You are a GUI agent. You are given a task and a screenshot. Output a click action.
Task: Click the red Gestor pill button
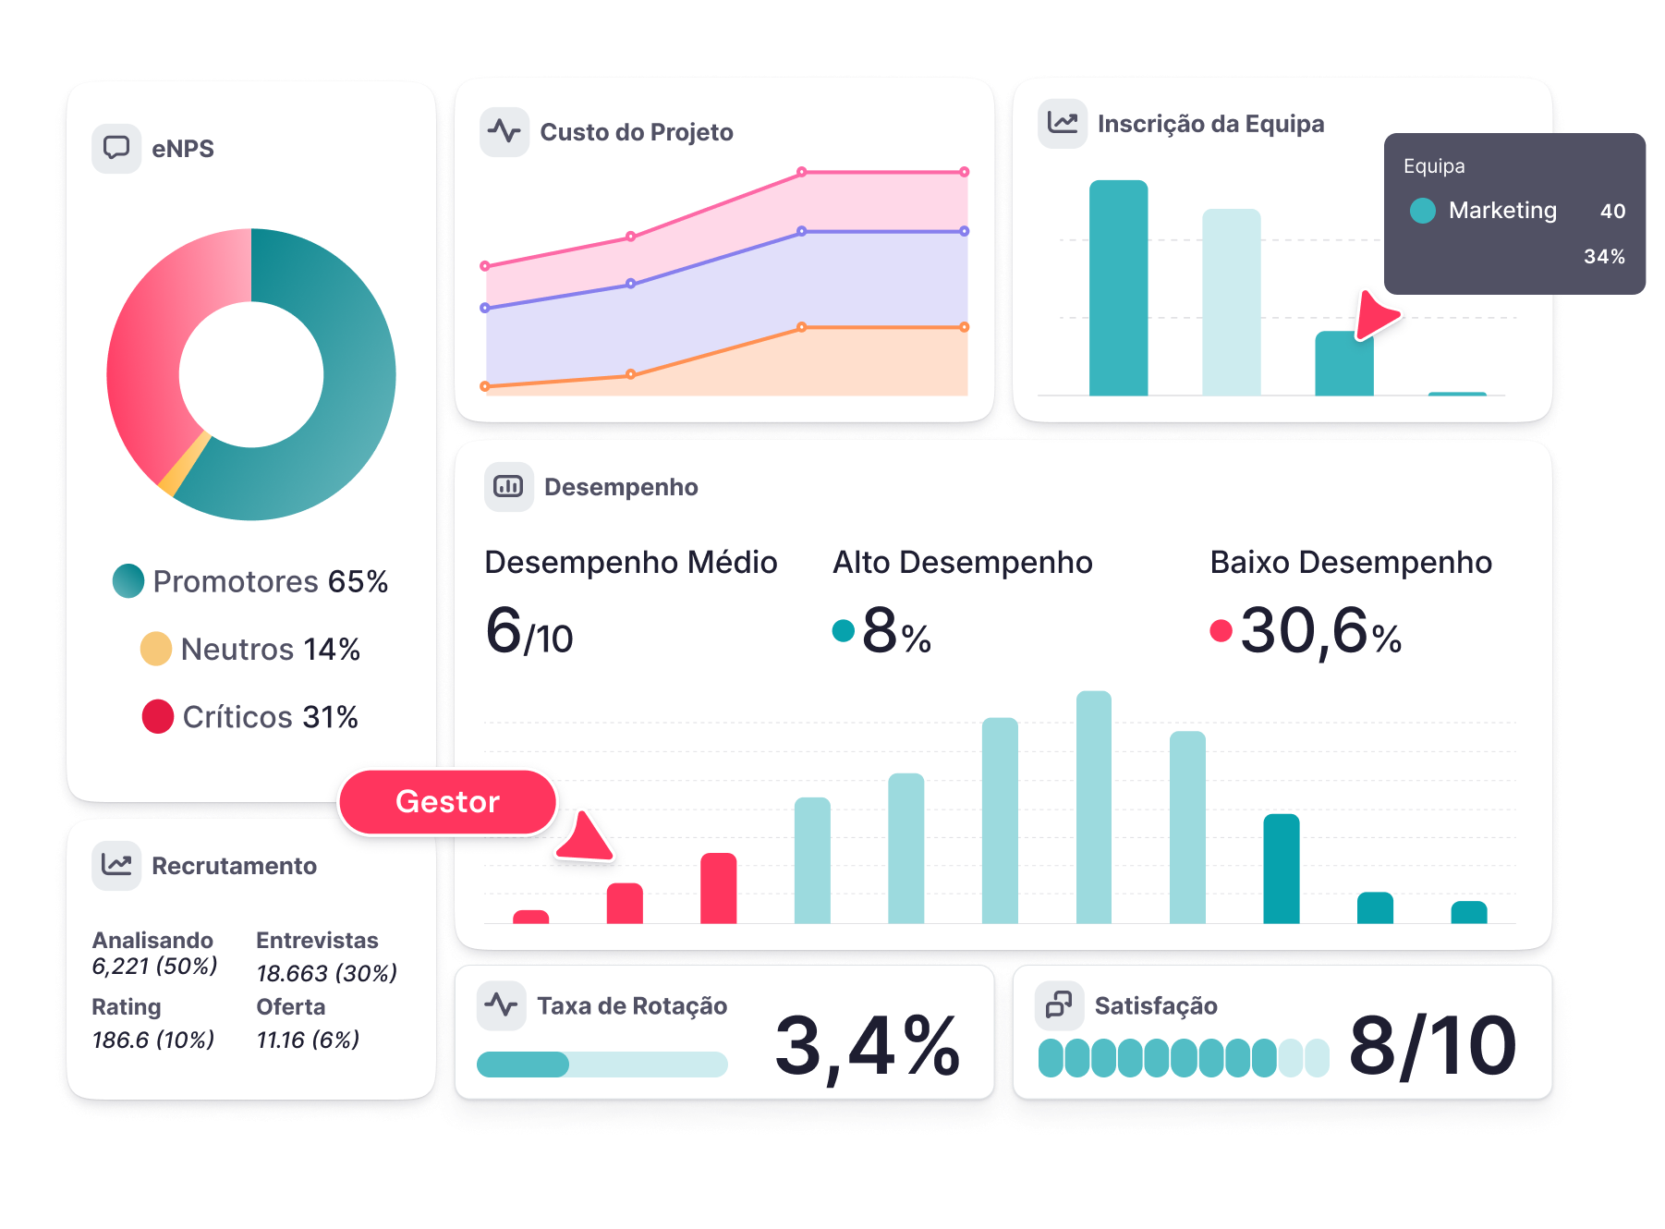[x=447, y=802]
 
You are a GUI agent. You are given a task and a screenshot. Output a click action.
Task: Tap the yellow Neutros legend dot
[x=156, y=649]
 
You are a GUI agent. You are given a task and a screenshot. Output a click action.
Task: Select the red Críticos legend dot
[x=158, y=716]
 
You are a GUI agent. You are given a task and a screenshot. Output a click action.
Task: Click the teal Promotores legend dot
[x=128, y=580]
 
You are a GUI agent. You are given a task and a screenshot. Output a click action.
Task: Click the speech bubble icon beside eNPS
[x=116, y=148]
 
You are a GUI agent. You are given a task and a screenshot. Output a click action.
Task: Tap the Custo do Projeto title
[x=636, y=132]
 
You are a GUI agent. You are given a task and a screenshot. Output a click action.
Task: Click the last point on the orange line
[x=964, y=327]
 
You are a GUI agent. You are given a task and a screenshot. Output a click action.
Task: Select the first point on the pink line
[x=485, y=266]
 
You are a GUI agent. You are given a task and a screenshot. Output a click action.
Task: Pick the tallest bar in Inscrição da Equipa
[x=1118, y=287]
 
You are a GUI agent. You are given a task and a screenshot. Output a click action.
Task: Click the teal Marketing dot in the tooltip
[x=1423, y=211]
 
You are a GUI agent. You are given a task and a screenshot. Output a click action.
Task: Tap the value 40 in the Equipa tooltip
[x=1612, y=211]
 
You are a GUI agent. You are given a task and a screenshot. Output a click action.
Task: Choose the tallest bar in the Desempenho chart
[x=1093, y=807]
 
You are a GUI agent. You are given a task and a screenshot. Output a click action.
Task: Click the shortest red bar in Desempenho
[x=530, y=917]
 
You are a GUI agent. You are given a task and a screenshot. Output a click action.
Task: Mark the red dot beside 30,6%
[x=1221, y=630]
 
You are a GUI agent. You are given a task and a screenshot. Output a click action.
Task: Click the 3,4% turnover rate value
[x=867, y=1045]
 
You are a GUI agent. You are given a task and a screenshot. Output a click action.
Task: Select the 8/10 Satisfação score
[x=1431, y=1045]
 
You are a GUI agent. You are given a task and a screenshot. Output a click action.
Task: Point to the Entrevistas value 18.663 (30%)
[x=327, y=973]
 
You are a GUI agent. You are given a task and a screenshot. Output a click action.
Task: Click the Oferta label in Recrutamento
[x=291, y=1006]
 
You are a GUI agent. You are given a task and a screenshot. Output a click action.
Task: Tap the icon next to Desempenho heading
[x=508, y=486]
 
